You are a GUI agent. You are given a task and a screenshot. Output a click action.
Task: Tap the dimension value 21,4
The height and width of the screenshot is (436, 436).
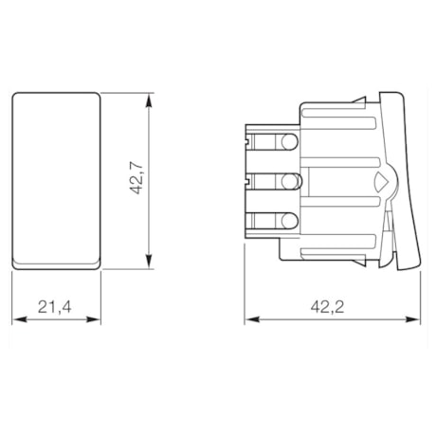coord(57,306)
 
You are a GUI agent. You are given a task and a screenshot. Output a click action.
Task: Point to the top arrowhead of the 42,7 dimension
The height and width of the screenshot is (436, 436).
coord(149,98)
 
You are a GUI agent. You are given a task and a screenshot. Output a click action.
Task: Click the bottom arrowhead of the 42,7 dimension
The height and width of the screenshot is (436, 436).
coord(149,264)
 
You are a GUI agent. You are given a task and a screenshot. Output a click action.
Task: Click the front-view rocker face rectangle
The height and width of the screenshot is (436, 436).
coord(58,175)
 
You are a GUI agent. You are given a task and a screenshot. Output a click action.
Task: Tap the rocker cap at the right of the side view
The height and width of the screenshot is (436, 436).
coord(400,180)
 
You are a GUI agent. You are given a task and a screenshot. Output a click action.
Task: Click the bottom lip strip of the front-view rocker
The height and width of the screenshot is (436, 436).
coord(58,261)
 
